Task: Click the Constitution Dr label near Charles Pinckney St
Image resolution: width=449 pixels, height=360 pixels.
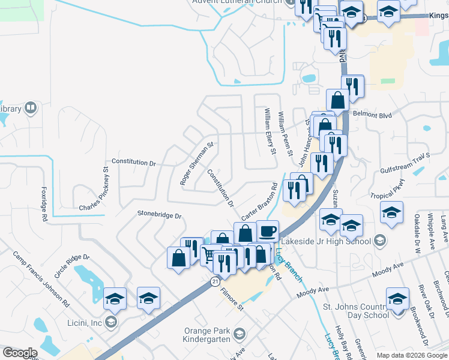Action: pos(134,163)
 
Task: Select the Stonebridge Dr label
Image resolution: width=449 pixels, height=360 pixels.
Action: pos(159,214)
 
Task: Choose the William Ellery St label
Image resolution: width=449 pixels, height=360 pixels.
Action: pos(270,131)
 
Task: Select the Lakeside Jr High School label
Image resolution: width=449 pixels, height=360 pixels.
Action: pos(331,241)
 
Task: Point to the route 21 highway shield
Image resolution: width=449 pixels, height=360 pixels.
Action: pos(215,281)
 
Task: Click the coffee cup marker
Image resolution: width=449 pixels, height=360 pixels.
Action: pos(268,231)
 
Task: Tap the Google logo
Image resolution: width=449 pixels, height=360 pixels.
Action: pos(20,353)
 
